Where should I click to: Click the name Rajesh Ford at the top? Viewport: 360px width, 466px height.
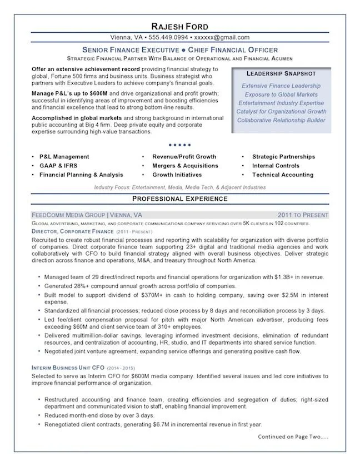179,27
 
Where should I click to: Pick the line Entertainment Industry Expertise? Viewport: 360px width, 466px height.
281,103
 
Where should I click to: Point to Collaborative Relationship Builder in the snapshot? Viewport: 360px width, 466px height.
281,120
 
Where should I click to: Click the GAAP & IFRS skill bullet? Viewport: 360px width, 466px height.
57,166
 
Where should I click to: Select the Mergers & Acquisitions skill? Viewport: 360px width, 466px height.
185,166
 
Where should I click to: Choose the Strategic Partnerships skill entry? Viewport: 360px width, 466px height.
283,157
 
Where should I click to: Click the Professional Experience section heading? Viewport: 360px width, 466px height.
179,199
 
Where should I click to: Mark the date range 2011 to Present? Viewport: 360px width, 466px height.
303,215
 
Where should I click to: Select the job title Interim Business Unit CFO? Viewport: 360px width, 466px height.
67,368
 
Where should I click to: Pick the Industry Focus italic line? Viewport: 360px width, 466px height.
179,188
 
